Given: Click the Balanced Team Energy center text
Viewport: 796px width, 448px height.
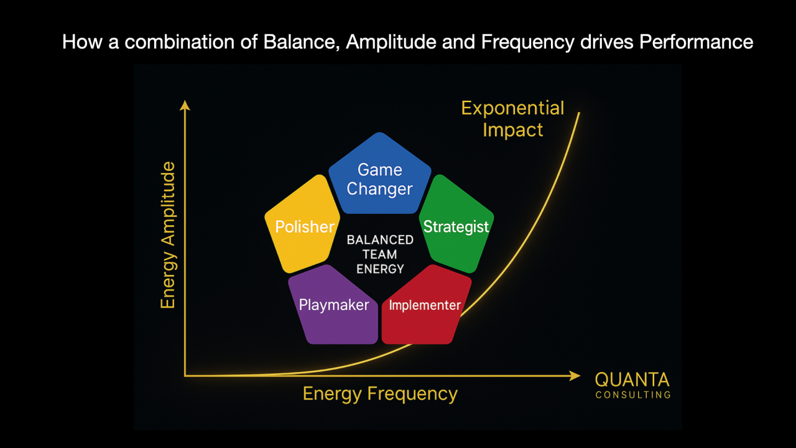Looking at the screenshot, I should (380, 254).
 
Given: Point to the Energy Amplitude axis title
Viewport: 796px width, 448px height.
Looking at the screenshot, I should (168, 235).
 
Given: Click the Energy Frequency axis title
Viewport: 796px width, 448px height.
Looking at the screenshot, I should (380, 394).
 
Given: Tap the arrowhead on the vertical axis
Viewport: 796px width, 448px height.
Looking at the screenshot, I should (184, 105).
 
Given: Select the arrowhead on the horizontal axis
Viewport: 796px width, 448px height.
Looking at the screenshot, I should (575, 375).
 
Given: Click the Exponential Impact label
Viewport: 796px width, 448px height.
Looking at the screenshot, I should (512, 119).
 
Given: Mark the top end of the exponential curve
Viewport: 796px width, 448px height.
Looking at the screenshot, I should (580, 113).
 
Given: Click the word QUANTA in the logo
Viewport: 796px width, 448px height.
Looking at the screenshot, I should (632, 380).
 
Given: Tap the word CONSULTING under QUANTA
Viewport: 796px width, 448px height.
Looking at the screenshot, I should (633, 395).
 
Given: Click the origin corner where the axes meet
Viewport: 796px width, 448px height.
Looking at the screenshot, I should (185, 375).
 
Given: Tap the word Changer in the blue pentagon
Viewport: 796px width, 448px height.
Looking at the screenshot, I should (379, 189).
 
